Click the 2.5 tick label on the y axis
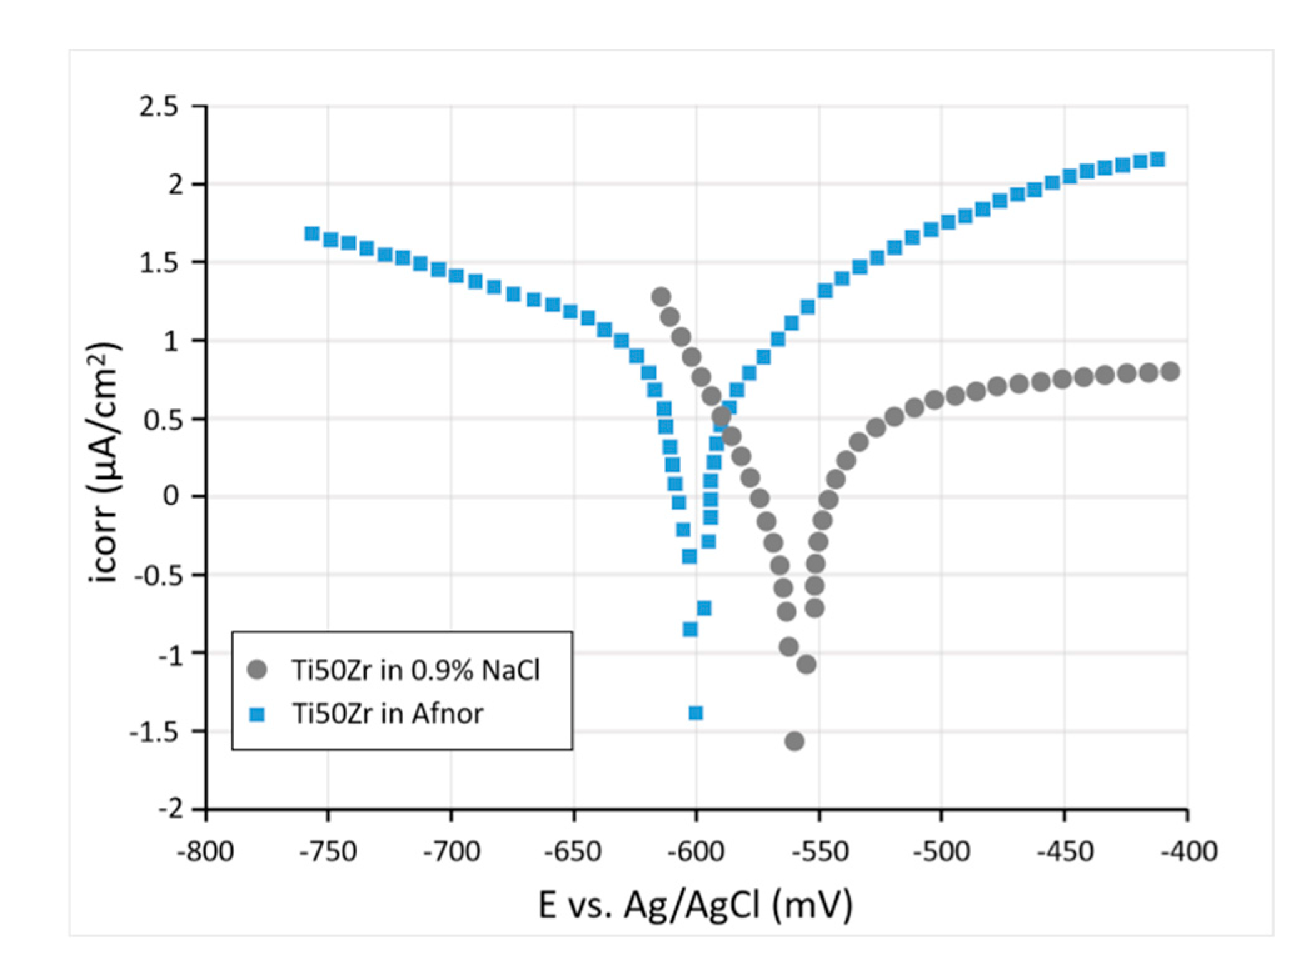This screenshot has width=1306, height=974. pyautogui.click(x=158, y=107)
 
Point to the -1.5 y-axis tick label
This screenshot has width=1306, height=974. pyautogui.click(x=154, y=731)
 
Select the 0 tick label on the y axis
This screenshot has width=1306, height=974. pyautogui.click(x=171, y=496)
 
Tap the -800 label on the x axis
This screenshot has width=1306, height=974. pyautogui.click(x=205, y=851)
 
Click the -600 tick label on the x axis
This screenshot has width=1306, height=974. pyautogui.click(x=696, y=851)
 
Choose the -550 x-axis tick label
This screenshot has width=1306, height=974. pyautogui.click(x=819, y=851)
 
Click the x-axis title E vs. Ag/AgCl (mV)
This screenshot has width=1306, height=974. pyautogui.click(x=695, y=905)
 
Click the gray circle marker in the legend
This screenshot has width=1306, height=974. pyautogui.click(x=257, y=670)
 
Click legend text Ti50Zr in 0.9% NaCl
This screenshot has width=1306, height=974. pyautogui.click(x=415, y=671)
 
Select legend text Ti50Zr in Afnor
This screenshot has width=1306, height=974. pyautogui.click(x=388, y=714)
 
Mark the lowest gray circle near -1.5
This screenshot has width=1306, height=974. pyautogui.click(x=794, y=741)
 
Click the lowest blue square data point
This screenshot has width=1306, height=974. pyautogui.click(x=696, y=713)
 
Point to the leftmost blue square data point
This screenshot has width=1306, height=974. pyautogui.click(x=311, y=233)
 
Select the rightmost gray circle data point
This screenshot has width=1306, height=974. pyautogui.click(x=1170, y=372)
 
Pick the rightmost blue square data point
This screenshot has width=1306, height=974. pyautogui.click(x=1158, y=160)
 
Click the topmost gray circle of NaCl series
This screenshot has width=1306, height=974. pyautogui.click(x=661, y=297)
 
